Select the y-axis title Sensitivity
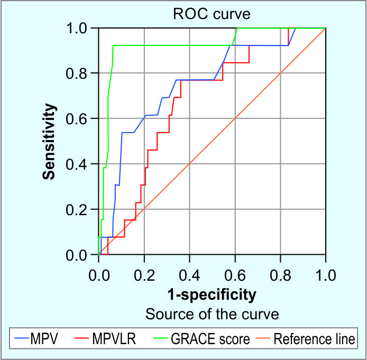coord(50,141)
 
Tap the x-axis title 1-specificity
coord(212,294)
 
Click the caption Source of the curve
coord(212,314)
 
